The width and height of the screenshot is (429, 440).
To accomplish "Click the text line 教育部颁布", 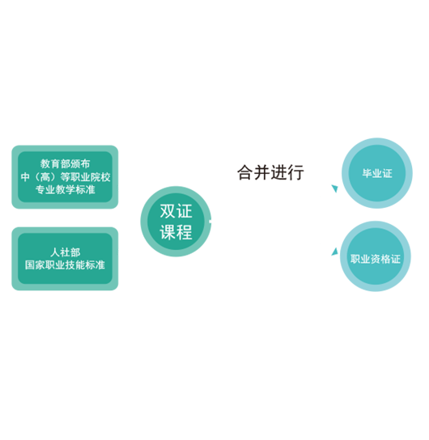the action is (x=65, y=163).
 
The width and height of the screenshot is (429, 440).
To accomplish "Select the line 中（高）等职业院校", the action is (x=66, y=177).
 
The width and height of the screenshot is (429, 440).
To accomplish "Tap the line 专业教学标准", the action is (x=65, y=190).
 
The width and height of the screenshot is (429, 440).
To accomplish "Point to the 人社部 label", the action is (x=66, y=252).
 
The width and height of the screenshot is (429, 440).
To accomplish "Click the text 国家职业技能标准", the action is (x=65, y=265).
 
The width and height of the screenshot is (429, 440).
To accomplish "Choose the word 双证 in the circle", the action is (x=176, y=211).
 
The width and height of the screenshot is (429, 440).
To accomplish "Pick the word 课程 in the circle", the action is (x=176, y=232).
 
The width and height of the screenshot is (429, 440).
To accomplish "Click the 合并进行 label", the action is (x=270, y=172).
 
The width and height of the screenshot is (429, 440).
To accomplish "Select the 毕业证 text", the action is (x=377, y=173).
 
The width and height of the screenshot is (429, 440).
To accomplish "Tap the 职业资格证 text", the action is (x=376, y=259).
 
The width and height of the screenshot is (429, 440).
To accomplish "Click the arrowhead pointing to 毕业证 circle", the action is (x=334, y=188).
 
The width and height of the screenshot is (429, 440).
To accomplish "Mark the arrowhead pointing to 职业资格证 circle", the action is (x=334, y=252).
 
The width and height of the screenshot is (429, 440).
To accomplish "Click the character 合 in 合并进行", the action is (x=245, y=172).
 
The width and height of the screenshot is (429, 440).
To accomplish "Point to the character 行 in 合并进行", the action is (x=296, y=172).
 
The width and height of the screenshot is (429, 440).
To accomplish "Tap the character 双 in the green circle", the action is (x=168, y=211).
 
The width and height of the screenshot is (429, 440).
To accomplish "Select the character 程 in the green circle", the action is (x=185, y=232).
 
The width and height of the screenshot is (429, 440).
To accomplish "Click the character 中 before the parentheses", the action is (x=25, y=177).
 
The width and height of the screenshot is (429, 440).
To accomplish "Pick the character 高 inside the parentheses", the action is (x=45, y=177).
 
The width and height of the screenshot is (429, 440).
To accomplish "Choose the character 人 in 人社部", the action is (x=55, y=252).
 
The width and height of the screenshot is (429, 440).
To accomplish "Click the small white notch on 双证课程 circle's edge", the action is (x=210, y=222).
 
